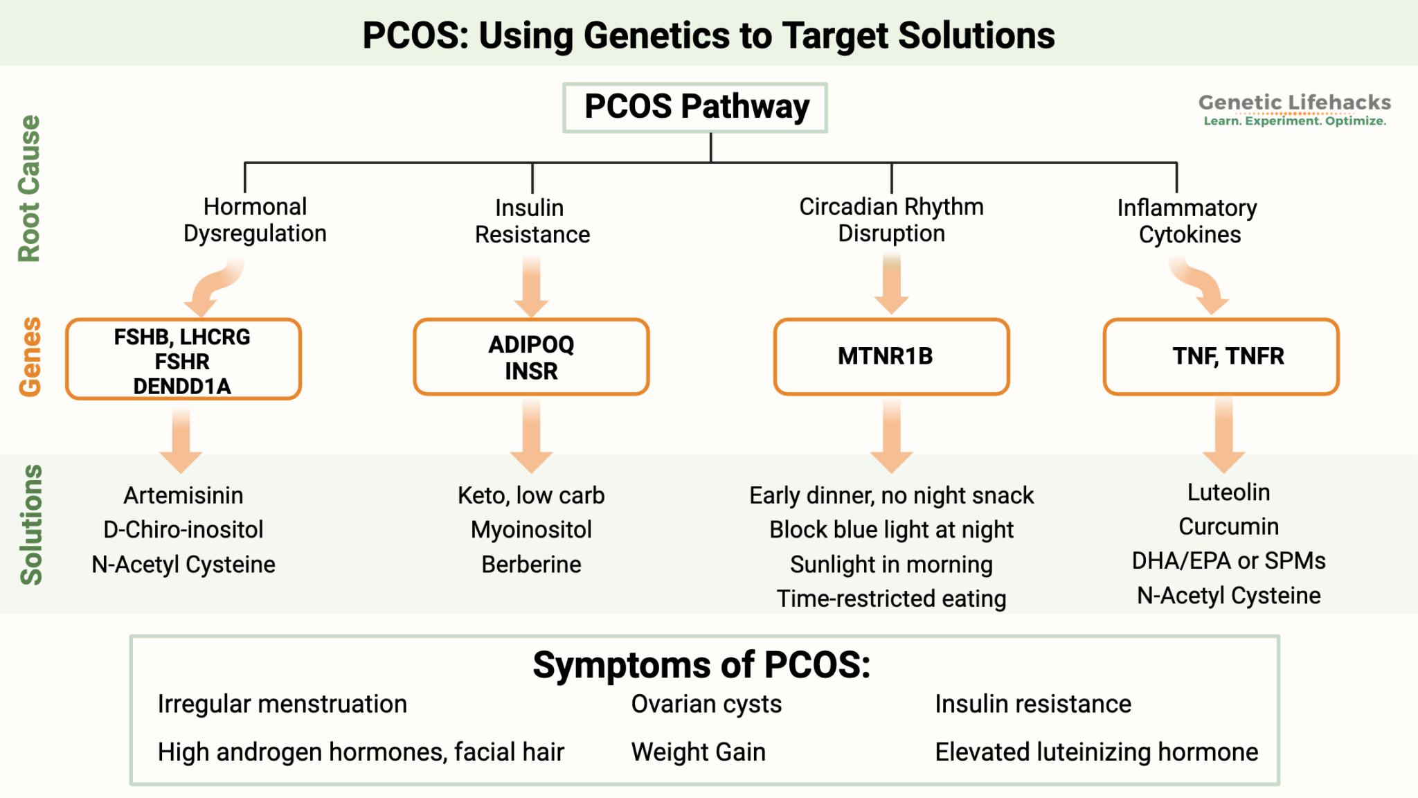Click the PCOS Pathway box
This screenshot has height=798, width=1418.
tap(695, 107)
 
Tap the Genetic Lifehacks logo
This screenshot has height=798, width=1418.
tap(1294, 109)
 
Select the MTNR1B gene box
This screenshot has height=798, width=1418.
tap(891, 356)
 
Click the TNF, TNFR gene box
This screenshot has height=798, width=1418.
tap(1221, 356)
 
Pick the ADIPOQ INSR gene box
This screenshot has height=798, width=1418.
tap(531, 357)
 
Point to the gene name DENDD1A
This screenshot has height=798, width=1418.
tap(182, 386)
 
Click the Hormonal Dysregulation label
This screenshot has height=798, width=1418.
tap(255, 220)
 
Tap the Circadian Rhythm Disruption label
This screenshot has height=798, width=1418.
tap(891, 220)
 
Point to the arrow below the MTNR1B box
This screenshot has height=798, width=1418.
tap(891, 436)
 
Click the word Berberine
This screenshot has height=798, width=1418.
tap(531, 565)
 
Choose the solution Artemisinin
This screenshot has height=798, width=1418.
tap(183, 495)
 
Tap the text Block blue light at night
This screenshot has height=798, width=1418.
tap(891, 530)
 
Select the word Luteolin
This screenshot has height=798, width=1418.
tap(1228, 493)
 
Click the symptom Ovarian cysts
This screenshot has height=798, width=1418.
tap(706, 704)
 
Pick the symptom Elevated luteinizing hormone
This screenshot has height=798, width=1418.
tap(1096, 752)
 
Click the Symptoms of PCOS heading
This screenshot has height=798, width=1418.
tap(701, 665)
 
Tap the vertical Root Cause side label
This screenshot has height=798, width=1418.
tap(29, 188)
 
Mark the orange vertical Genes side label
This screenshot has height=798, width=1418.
tap(30, 357)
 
